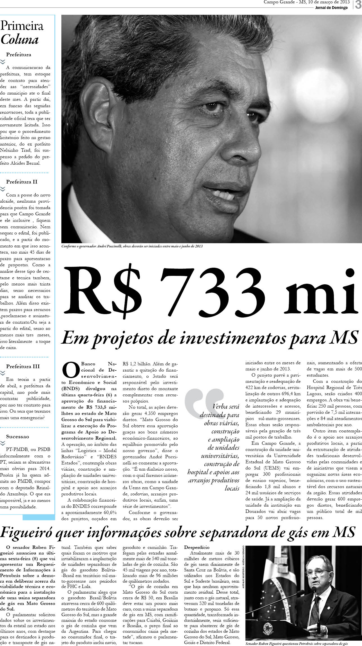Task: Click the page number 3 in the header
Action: pos(357,5)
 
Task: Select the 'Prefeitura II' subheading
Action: pos(22,182)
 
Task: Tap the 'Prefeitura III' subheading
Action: pos(23,366)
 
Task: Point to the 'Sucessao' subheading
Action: pos(17,437)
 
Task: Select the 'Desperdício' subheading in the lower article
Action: pos(197,547)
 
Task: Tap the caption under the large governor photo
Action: pos(132,246)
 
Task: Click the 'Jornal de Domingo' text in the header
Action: pos(331,8)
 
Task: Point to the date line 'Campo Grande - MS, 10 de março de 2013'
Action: pos(307,2)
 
